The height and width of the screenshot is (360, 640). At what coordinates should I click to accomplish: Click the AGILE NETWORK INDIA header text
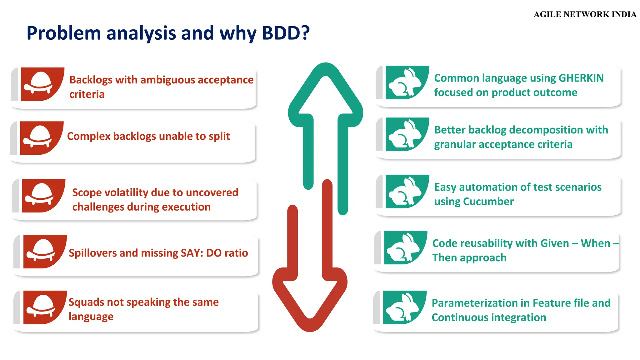pyautogui.click(x=585, y=14)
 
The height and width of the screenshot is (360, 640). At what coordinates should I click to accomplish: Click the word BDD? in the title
pyautogui.click(x=286, y=33)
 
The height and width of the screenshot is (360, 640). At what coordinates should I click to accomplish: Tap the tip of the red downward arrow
pyautogui.click(x=310, y=327)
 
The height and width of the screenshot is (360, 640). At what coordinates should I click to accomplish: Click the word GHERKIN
pyautogui.click(x=581, y=78)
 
